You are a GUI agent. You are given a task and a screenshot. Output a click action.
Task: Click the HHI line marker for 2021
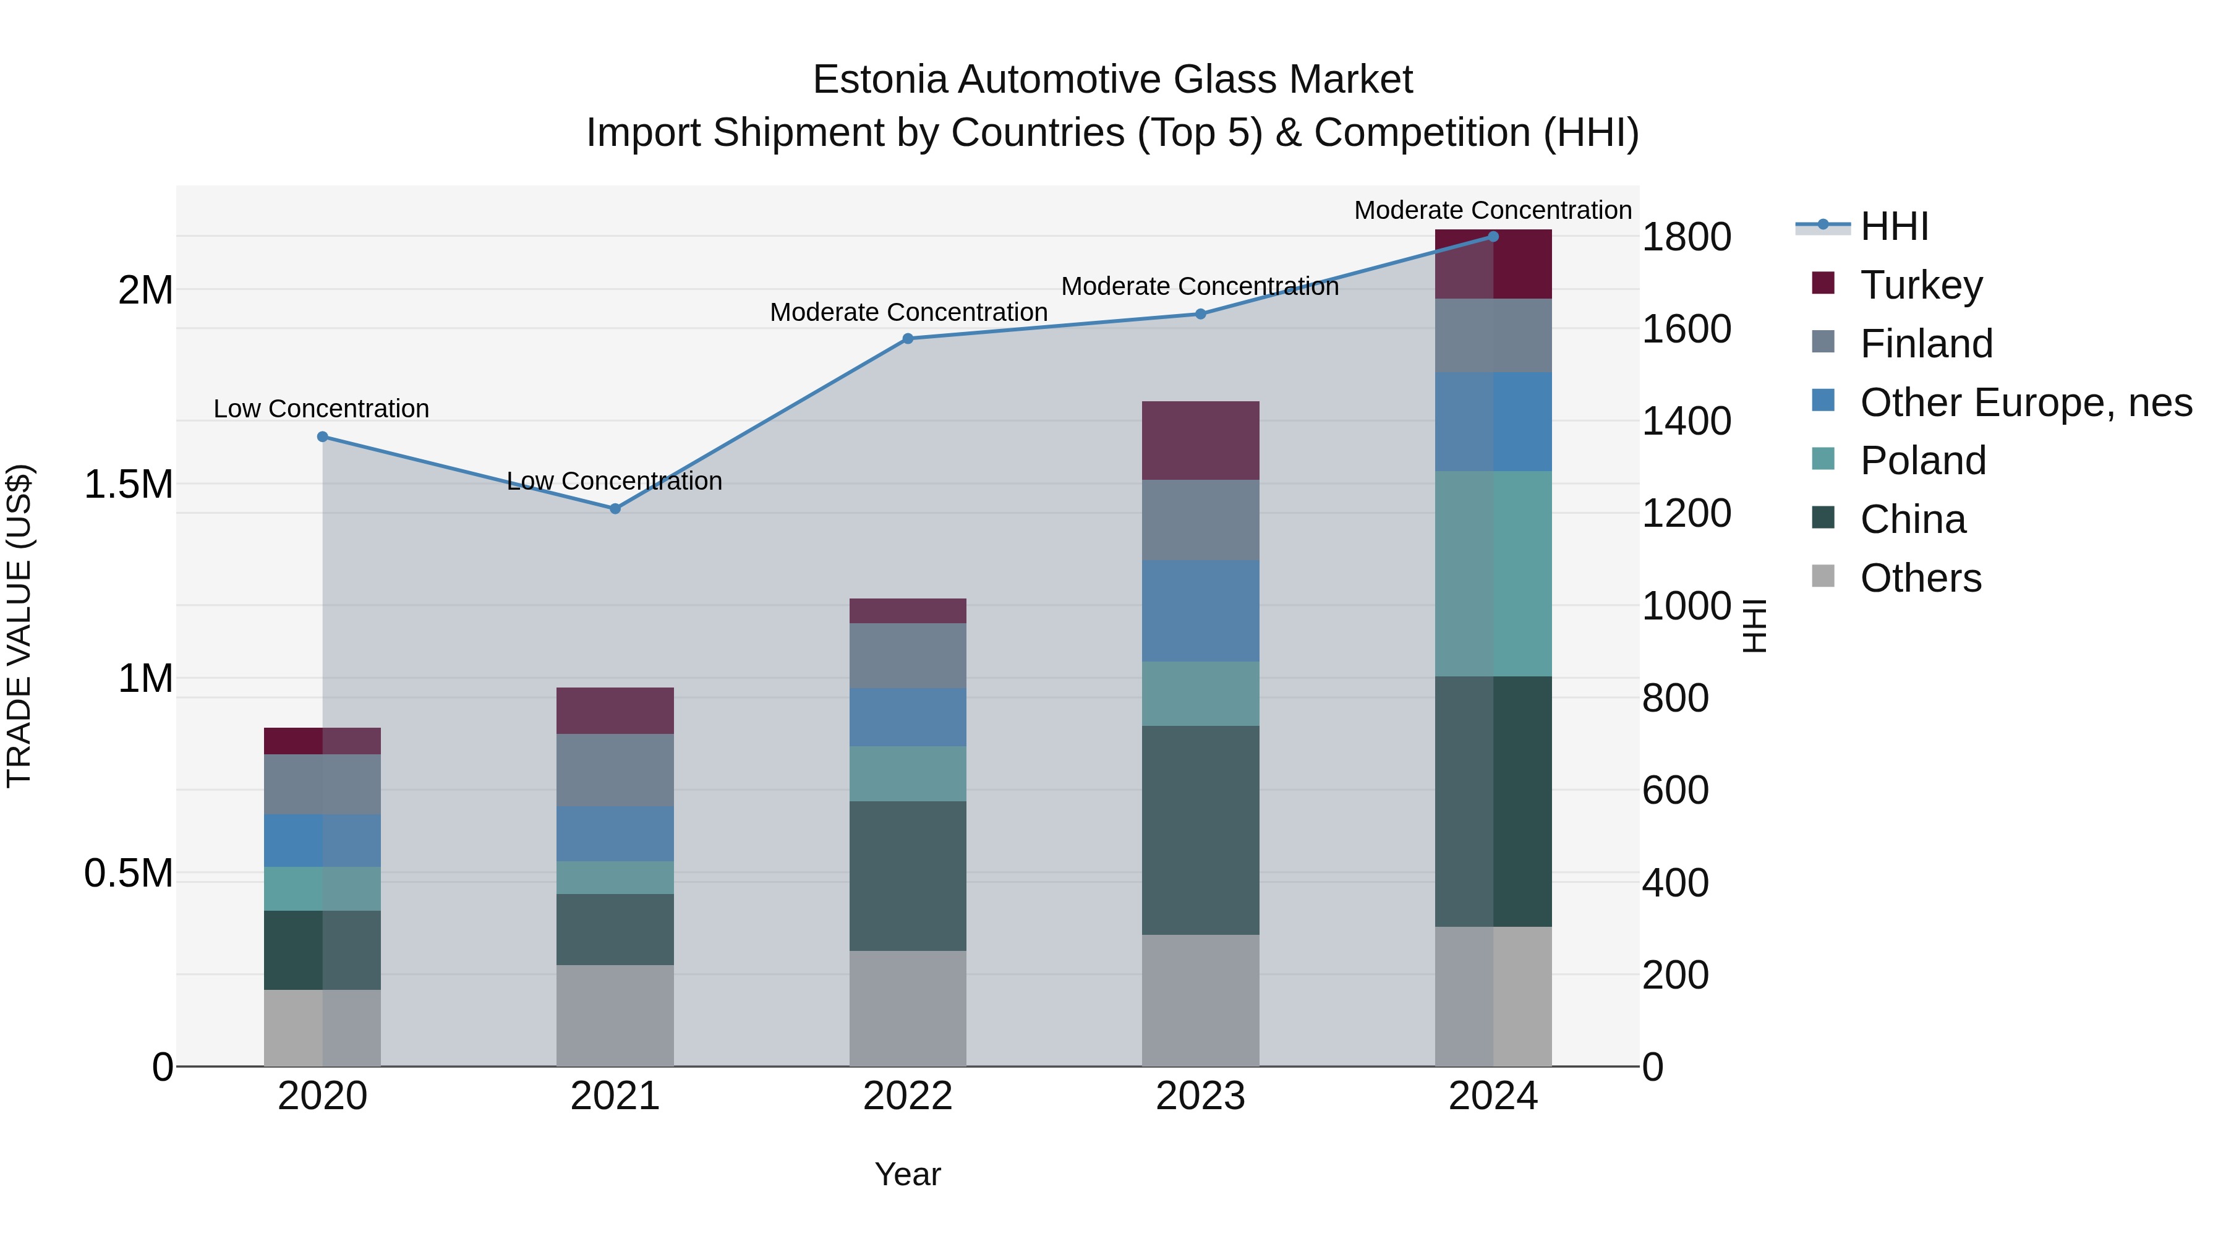(615, 509)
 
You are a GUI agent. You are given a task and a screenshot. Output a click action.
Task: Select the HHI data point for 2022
(907, 339)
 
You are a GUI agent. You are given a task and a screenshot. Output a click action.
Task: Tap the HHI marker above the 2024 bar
(1493, 237)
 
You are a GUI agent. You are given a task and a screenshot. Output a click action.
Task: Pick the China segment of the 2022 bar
(907, 875)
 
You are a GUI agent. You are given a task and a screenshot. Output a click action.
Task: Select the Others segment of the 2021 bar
(615, 1015)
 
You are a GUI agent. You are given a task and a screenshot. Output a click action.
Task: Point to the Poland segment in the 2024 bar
(1493, 574)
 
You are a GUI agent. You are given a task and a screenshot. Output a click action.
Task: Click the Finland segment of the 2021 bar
(615, 770)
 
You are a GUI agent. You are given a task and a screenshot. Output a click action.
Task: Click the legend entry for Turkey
(1921, 285)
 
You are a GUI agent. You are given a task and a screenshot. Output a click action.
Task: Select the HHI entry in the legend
(1894, 226)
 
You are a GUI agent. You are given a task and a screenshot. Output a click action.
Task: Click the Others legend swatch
(1823, 576)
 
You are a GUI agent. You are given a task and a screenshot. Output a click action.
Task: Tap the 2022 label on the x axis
(907, 1096)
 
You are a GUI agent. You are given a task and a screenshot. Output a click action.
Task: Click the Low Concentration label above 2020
(322, 409)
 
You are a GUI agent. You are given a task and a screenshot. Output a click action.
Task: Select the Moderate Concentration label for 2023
(1200, 287)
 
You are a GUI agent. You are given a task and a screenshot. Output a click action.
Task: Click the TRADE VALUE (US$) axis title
(19, 626)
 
